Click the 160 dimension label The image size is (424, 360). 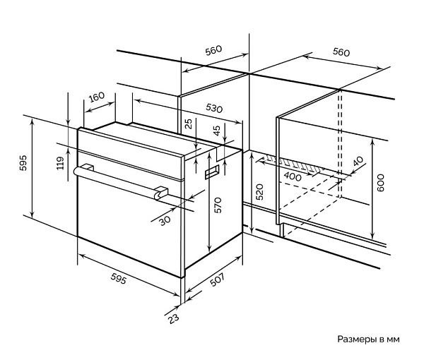(x=97, y=96)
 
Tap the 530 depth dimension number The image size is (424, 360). (x=214, y=109)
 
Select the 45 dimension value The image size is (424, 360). (x=216, y=131)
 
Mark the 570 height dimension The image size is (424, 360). (x=218, y=205)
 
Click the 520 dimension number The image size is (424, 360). (x=259, y=191)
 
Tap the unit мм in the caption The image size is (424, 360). (x=393, y=340)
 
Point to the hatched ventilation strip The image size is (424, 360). (x=297, y=165)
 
